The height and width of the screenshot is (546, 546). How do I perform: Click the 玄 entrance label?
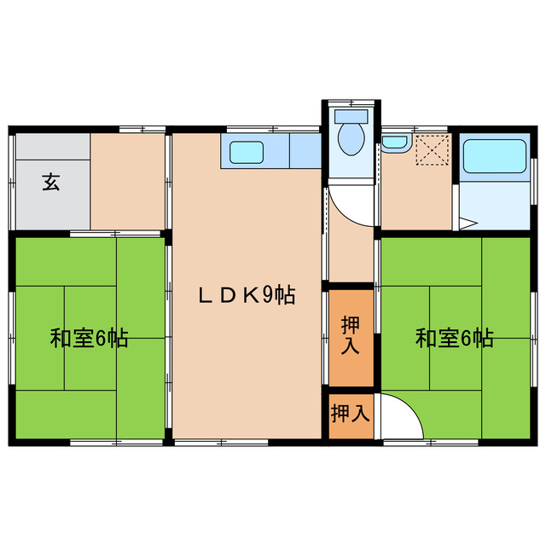pos(51,182)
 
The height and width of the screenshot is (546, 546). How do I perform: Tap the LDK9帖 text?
pos(247,295)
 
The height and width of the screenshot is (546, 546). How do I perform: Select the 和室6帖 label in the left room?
pos(89,339)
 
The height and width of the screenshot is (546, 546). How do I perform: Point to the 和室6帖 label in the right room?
pos(454,339)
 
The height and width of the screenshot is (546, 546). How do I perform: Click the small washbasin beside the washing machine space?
pos(393,143)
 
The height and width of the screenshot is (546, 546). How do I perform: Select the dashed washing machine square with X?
pos(431,151)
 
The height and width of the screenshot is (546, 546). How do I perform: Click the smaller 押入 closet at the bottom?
pos(351,415)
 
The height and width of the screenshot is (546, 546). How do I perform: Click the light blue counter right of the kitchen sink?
pos(304,152)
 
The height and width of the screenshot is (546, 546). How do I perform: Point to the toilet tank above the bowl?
pos(350,115)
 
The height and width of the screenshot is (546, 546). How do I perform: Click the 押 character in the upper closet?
pos(351,325)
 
